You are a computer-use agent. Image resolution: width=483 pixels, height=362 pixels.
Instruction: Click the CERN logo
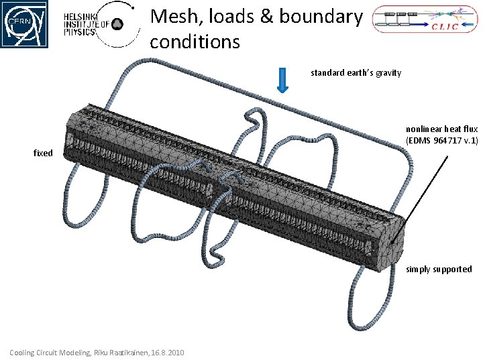tap(24, 24)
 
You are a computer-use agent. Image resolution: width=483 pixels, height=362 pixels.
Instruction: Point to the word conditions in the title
tap(195, 42)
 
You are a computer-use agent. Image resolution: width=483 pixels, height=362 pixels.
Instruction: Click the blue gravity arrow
tap(283, 80)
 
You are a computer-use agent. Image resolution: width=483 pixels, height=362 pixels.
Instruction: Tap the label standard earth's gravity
tap(356, 72)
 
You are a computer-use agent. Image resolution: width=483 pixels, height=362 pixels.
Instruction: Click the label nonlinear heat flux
tap(441, 129)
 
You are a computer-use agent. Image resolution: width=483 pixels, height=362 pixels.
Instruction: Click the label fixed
tap(43, 153)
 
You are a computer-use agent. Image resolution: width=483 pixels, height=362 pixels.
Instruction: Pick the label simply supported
tap(439, 269)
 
